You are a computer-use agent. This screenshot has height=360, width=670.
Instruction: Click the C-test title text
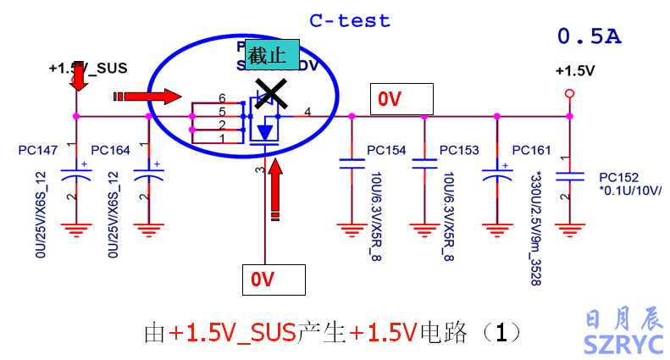(350, 21)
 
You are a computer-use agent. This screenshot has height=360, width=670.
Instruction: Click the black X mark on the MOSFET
(270, 93)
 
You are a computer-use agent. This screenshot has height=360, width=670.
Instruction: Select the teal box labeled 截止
(268, 57)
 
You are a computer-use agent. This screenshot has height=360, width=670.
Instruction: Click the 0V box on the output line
(401, 99)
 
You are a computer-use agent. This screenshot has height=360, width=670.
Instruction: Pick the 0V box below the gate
(274, 279)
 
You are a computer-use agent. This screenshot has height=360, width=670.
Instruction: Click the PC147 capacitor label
(37, 151)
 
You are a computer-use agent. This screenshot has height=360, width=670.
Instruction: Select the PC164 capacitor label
(110, 151)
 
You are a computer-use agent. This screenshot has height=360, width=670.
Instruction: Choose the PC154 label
(386, 151)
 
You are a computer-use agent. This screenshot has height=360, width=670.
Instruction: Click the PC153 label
(459, 151)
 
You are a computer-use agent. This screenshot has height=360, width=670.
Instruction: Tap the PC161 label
(531, 151)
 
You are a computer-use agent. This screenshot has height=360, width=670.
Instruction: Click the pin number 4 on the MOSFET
(307, 112)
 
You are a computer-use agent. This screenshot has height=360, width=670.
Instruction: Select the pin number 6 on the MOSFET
(222, 99)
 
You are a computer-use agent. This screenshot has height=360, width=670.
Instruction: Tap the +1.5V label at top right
(575, 71)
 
